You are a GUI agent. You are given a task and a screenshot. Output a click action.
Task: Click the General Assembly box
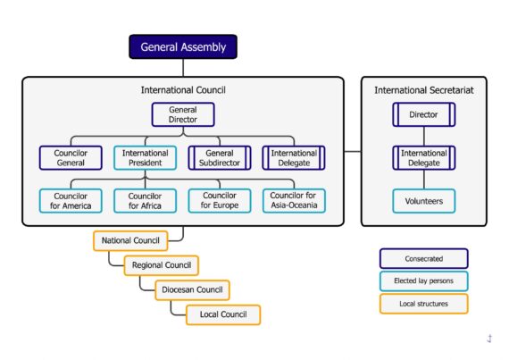pos(183,46)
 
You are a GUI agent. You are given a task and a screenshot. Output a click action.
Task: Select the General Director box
pos(183,114)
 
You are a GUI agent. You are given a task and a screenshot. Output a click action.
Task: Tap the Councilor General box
pos(71,158)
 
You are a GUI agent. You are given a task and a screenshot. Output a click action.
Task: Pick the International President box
pos(145,158)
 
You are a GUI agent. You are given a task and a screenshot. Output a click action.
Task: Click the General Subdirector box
pos(220,158)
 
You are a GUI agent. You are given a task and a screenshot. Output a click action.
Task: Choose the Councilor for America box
pos(71,201)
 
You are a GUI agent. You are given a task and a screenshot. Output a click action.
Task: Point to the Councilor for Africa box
pos(145,201)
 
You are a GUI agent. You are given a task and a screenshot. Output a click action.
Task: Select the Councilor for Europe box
pos(220,201)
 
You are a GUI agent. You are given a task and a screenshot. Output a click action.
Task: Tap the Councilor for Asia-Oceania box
pos(294,201)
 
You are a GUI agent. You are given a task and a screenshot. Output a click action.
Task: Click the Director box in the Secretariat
pos(424,114)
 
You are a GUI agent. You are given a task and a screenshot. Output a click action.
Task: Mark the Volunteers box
pos(424,201)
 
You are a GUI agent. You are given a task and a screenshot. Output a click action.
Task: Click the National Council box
pos(130,240)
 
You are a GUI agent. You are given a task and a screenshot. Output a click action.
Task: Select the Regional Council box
pos(162,265)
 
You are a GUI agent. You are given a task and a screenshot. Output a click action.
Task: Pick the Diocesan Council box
pos(192,290)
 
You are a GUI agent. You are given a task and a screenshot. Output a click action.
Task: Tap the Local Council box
pos(223,314)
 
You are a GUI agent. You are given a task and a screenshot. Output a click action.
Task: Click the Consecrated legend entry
pos(424,259)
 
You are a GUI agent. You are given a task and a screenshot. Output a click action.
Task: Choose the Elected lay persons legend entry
pos(424,280)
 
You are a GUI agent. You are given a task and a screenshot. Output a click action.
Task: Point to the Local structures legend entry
pos(424,304)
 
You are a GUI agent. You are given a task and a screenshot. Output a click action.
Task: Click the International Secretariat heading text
pos(424,90)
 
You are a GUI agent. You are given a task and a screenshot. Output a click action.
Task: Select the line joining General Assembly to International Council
pos(183,68)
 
